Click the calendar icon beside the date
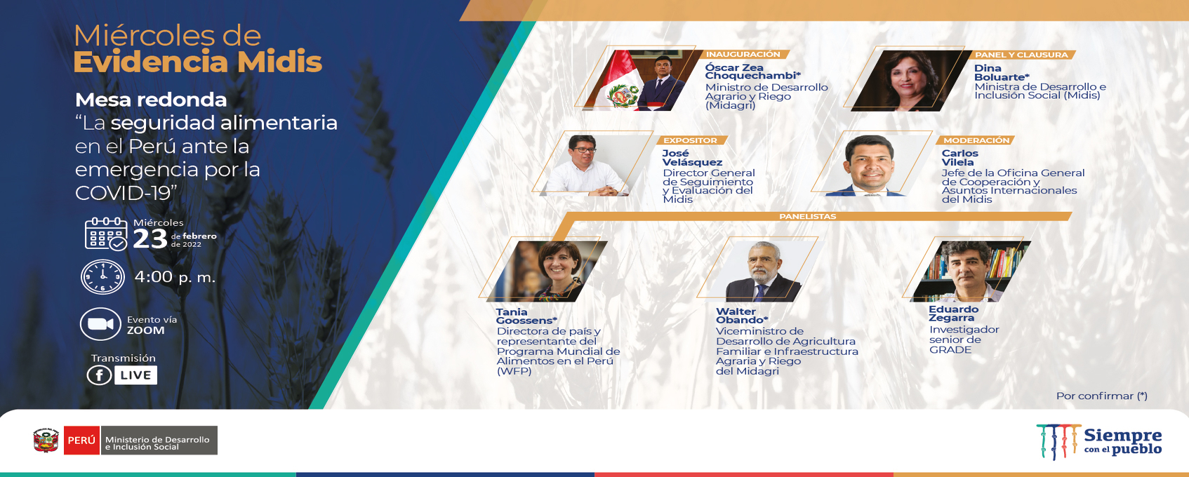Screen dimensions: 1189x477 106,234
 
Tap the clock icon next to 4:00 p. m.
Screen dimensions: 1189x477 103,277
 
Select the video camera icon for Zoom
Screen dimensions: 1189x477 101,323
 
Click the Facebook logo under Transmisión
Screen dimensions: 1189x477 99,375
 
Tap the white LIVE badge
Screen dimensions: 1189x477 136,375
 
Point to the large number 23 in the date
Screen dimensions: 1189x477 150,238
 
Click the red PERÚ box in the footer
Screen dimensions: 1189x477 81,441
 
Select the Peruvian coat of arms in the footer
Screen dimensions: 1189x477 46,440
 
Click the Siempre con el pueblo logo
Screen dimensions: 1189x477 1099,441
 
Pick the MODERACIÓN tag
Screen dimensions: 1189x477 976,140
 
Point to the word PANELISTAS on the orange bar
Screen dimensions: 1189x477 807,217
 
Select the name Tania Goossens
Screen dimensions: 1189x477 526,316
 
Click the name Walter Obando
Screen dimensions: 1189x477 741,316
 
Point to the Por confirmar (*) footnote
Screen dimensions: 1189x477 1102,396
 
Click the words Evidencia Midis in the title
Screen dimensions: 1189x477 197,62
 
